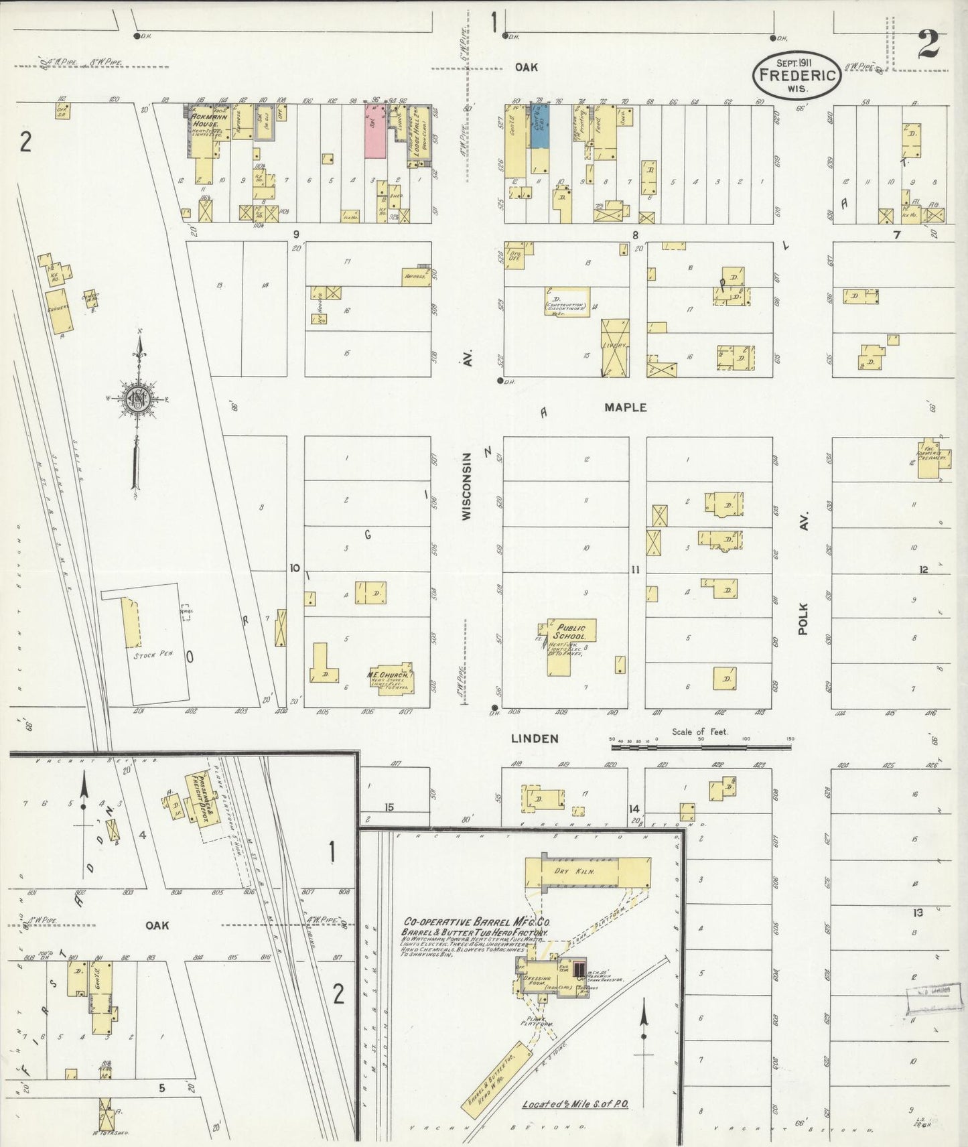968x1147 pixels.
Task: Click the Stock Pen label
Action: [153, 654]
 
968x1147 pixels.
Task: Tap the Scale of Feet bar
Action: [699, 744]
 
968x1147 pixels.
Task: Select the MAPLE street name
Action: [625, 407]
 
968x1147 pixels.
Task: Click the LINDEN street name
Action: [534, 738]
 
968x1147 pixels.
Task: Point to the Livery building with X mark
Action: [614, 347]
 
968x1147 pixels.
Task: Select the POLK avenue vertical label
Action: [804, 618]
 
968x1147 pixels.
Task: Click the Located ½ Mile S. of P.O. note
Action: [575, 1103]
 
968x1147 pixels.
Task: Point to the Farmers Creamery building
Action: [931, 460]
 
